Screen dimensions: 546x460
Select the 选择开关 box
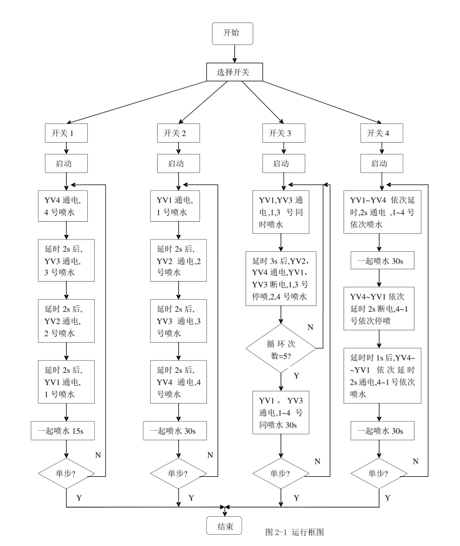click(232, 72)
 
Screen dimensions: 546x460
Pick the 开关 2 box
click(179, 133)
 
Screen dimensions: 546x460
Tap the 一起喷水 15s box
click(66, 430)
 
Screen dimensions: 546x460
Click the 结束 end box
click(225, 526)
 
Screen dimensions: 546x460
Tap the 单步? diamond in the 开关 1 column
click(66, 472)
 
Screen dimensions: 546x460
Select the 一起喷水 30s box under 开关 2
click(179, 430)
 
